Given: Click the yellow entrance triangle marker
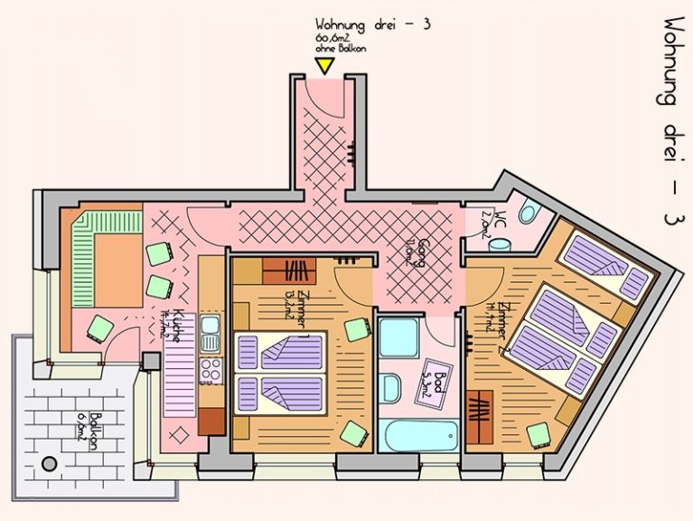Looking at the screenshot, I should click(x=323, y=66).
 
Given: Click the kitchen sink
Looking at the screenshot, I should click(x=211, y=334).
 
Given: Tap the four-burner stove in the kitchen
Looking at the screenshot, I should click(x=211, y=370).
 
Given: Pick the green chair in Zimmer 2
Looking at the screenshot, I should click(x=540, y=435).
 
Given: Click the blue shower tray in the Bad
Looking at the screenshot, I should click(x=398, y=336).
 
